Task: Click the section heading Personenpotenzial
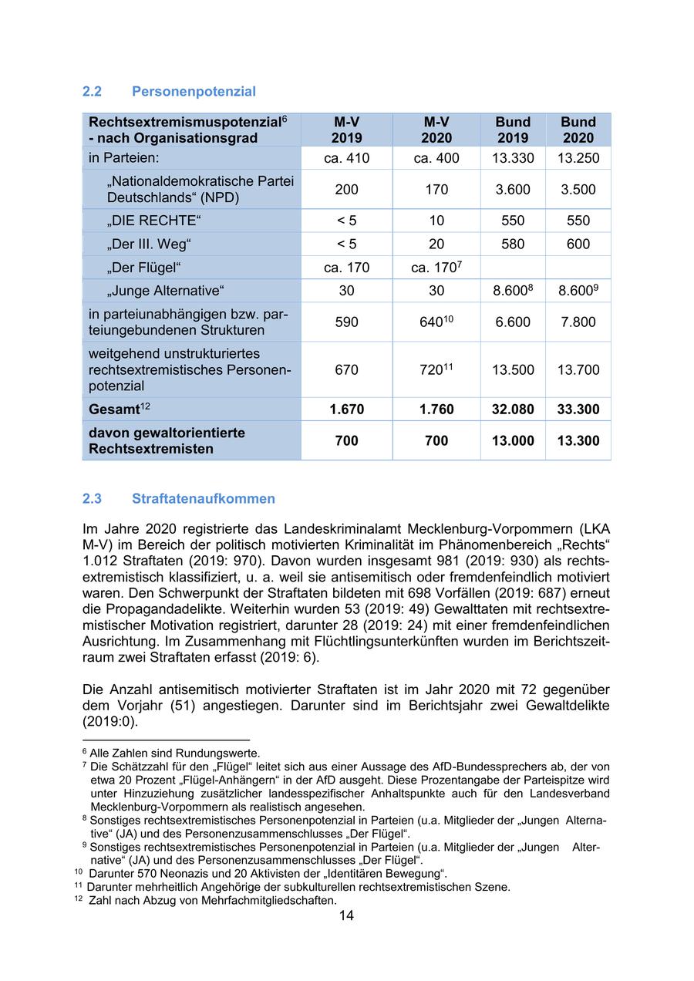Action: coord(194,92)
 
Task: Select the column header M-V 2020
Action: coord(436,130)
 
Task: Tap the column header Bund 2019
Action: coord(513,130)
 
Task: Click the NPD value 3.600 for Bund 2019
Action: coord(513,190)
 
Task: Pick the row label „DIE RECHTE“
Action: coord(154,221)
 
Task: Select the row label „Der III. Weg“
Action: coord(149,244)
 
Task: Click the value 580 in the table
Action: coord(513,244)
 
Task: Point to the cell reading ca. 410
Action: coord(347,159)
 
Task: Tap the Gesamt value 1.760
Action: coord(436,410)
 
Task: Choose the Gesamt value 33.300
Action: coord(578,410)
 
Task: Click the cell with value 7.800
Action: coord(578,322)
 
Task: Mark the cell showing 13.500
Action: coord(513,370)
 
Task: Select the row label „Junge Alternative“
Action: coord(165,292)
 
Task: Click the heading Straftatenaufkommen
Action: coord(203,499)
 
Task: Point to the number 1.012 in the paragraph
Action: coord(100,561)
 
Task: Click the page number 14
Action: coord(346,916)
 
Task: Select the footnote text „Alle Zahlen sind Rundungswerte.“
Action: coord(175,753)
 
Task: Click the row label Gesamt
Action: coord(113,410)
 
